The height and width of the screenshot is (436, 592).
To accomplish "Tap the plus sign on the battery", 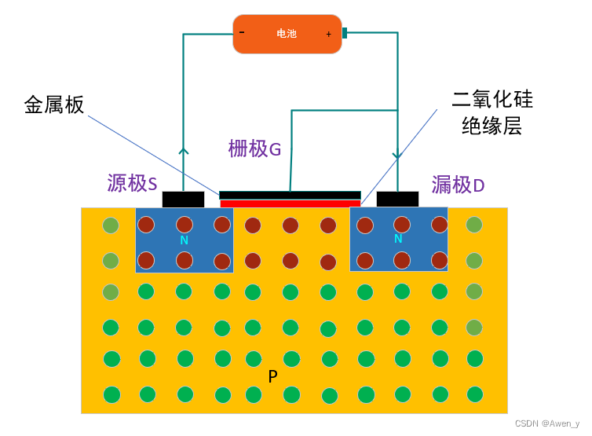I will click(x=329, y=34).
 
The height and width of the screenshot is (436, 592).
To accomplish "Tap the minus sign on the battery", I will click(x=242, y=32).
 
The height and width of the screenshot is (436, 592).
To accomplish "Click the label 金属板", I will click(x=54, y=104).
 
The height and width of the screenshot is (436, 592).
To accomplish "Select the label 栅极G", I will click(x=254, y=148).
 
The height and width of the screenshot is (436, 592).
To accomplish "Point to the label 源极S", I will click(x=132, y=183).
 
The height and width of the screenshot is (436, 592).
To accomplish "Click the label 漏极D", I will click(x=459, y=185).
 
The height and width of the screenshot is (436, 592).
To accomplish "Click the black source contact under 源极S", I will click(x=183, y=200).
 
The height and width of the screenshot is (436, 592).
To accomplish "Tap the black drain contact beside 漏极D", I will click(x=397, y=200).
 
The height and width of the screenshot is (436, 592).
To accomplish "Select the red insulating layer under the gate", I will click(x=290, y=203).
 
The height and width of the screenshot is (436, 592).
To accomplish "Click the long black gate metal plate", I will click(x=290, y=195).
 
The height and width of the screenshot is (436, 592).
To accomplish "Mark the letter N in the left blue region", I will click(x=184, y=240).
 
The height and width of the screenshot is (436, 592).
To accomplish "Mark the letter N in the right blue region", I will click(x=398, y=239).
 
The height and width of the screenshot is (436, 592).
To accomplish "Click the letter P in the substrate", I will click(x=272, y=377).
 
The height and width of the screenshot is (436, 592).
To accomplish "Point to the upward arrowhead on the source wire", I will click(x=184, y=151).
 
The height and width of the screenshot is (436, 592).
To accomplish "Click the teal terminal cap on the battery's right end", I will click(x=344, y=33).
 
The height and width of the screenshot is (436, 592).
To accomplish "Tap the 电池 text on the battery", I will click(x=287, y=34).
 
